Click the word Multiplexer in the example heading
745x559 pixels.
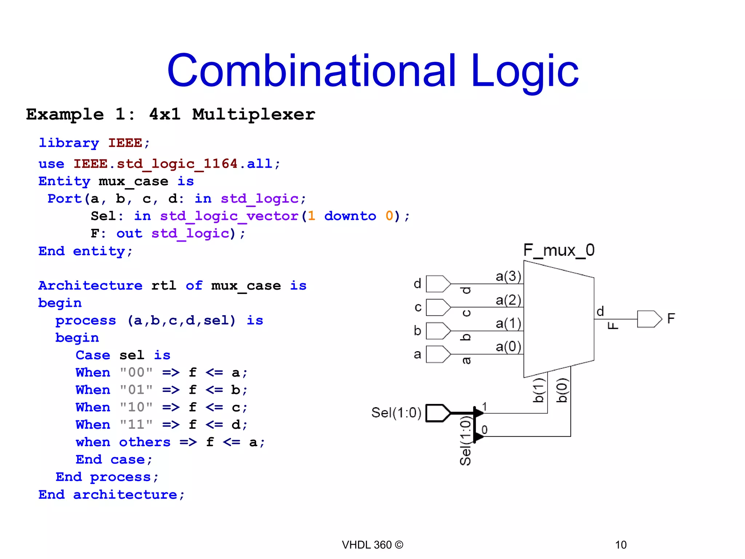254,115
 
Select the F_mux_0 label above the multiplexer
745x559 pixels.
559,250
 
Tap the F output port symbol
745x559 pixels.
649,319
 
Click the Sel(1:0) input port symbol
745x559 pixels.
438,413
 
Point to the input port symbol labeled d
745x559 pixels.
438,284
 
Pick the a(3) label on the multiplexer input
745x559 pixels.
508,276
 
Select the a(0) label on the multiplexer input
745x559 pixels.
508,346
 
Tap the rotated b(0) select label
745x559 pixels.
562,390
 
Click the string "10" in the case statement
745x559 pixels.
136,407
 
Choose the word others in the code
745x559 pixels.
145,442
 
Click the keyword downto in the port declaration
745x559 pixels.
350,216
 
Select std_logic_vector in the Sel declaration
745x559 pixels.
229,216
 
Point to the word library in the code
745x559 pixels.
69,143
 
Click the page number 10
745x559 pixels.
621,545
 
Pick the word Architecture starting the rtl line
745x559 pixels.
90,286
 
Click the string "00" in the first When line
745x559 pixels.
136,372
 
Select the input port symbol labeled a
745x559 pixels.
438,354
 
